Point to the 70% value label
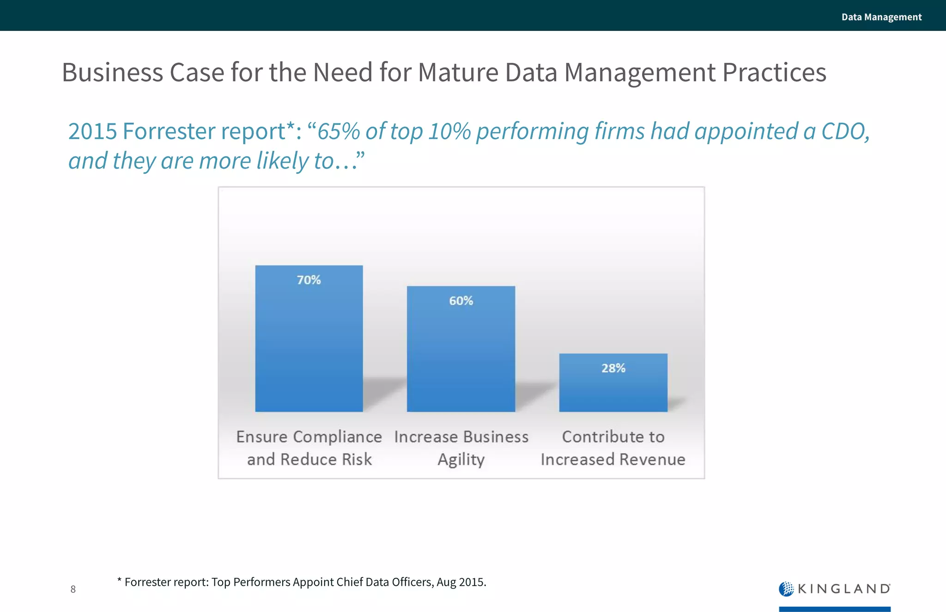309,280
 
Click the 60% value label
461,301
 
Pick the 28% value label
613,368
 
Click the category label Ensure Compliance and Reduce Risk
309,448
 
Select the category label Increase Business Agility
461,448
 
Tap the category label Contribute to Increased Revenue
613,448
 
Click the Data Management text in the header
881,17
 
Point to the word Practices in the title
774,73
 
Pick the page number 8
73,589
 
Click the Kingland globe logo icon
786,589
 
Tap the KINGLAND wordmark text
843,589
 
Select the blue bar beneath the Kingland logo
834,609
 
